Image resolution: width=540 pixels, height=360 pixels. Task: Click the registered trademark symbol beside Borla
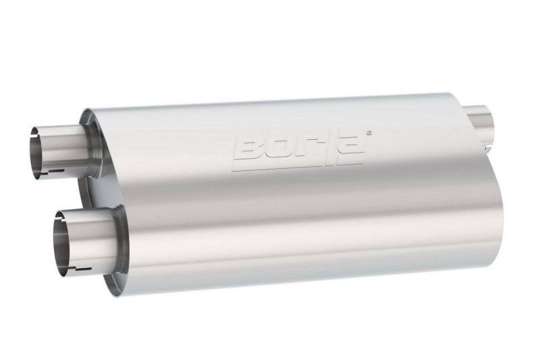368,134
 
